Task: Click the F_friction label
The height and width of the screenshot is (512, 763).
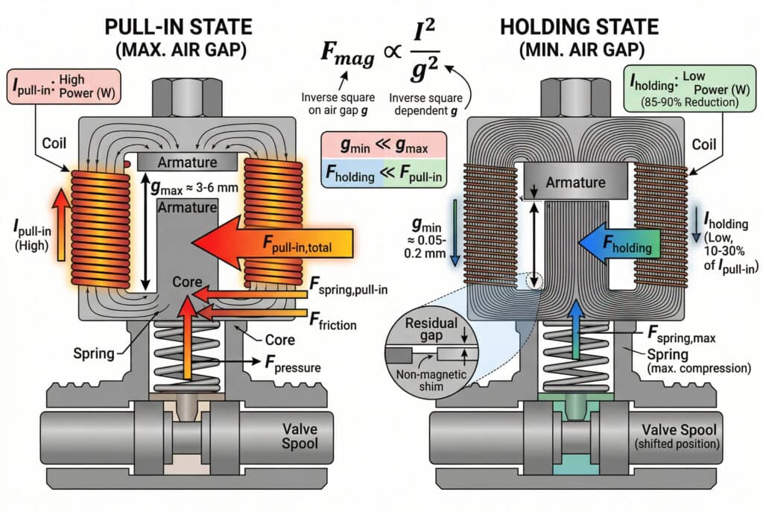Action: click(332, 325)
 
